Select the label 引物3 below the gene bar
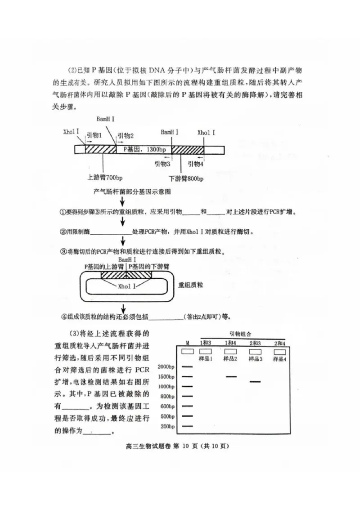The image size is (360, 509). tap(162, 164)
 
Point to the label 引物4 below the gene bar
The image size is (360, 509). tap(196, 164)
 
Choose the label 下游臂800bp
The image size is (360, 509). tap(186, 179)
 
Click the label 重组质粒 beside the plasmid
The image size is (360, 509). tap(191, 285)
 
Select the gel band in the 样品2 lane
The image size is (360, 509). tap(231, 377)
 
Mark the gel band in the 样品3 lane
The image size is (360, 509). tap(255, 382)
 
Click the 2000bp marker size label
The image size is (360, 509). tap(166, 366)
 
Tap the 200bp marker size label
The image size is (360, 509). tap(167, 426)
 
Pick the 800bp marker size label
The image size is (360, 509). tap(167, 396)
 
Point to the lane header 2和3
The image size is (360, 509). tap(255, 344)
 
